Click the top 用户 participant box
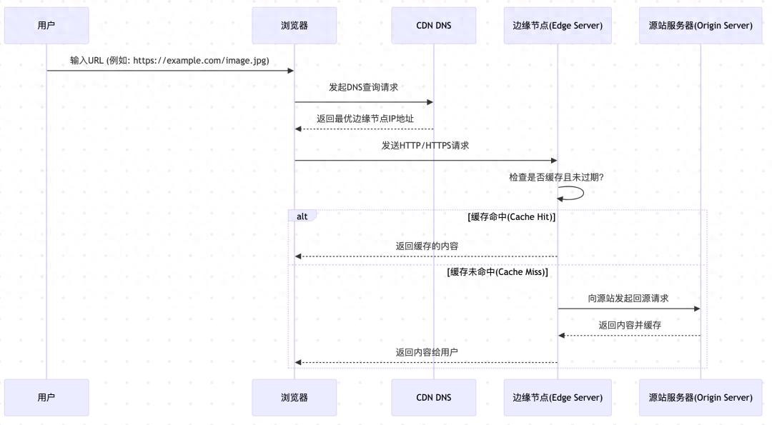[x=46, y=26]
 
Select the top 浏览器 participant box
[x=295, y=26]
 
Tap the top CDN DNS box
[x=434, y=26]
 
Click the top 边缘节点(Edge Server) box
[x=558, y=26]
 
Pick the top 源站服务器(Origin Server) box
[x=701, y=26]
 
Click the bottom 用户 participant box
[x=46, y=397]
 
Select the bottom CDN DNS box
[x=434, y=397]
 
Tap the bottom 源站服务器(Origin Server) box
[x=701, y=397]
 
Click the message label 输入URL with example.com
[x=169, y=61]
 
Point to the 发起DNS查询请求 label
[x=363, y=87]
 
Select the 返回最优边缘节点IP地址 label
[x=365, y=119]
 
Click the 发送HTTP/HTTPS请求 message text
[x=425, y=145]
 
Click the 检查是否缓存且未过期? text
[x=556, y=176]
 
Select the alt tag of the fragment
[x=302, y=216]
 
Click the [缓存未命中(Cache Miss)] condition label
[x=498, y=272]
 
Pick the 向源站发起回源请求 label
[x=628, y=299]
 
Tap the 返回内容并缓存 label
[x=630, y=325]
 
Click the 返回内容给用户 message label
[x=427, y=352]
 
